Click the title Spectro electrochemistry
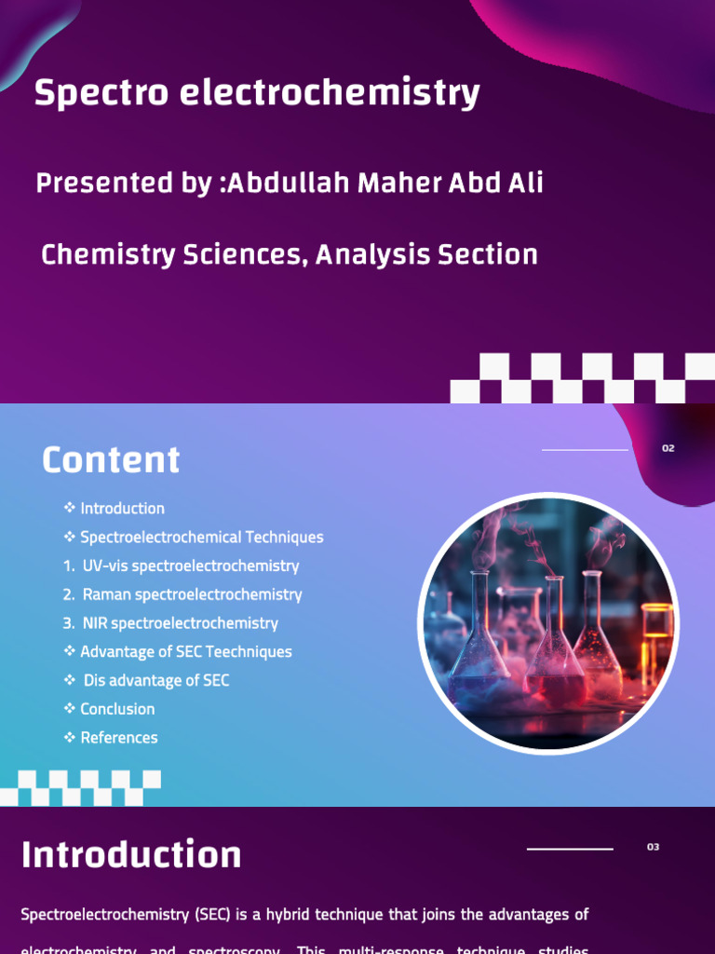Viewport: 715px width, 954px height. [x=257, y=94]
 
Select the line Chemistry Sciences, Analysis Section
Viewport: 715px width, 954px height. [x=290, y=254]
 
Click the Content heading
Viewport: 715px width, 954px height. [x=111, y=460]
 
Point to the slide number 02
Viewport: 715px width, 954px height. [x=668, y=448]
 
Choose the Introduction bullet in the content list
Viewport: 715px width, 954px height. [x=122, y=509]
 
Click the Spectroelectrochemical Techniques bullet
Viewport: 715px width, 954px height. [x=201, y=538]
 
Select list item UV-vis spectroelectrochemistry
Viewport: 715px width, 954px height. [x=190, y=566]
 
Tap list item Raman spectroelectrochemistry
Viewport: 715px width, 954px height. [x=192, y=594]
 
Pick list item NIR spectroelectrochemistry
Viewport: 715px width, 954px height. [x=180, y=623]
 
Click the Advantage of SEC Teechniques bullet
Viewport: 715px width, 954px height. [x=185, y=652]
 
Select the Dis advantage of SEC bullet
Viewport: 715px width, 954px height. [x=155, y=680]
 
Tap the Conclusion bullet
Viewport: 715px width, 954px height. [x=117, y=709]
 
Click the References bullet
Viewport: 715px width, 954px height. [x=119, y=738]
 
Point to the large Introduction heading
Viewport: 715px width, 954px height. [x=131, y=855]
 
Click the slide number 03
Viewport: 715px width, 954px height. [x=653, y=847]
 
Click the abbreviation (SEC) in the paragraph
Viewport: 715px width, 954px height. [x=213, y=915]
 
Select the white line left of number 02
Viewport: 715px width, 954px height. [x=585, y=450]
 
